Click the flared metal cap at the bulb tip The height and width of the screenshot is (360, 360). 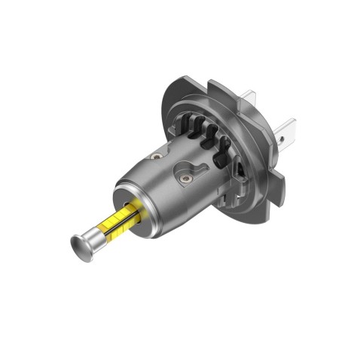[x=77, y=245]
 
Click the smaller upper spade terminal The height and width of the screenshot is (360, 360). [x=248, y=99]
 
